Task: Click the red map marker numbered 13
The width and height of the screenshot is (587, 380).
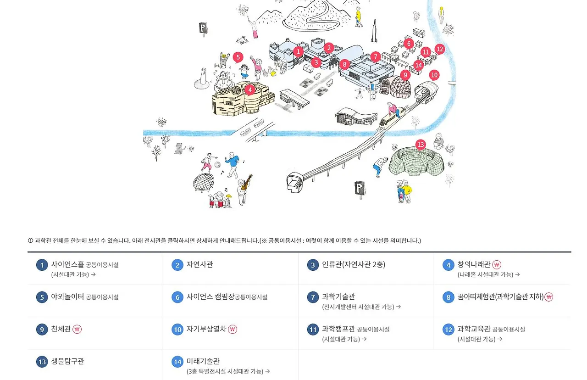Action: point(421,145)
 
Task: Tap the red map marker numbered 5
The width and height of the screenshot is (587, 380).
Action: point(238,57)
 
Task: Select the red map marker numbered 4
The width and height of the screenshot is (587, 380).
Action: point(249,90)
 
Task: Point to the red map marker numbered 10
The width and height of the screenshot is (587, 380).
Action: point(434,75)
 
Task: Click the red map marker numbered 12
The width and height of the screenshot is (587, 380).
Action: point(440,49)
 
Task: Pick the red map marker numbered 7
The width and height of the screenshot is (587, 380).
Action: point(376,57)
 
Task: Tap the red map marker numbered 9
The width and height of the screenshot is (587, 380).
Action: point(404,75)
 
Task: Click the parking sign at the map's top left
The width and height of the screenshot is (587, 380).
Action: point(203,28)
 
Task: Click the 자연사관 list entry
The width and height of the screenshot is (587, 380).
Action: point(199,265)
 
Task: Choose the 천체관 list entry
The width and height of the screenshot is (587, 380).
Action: point(61,329)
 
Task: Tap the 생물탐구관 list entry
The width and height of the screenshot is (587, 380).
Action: point(67,361)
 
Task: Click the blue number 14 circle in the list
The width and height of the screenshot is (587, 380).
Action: point(177,362)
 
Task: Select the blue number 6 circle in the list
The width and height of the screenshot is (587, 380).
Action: point(177,297)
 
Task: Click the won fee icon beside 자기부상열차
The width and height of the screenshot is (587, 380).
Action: point(233,329)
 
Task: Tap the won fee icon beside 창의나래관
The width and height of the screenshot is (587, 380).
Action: point(497,265)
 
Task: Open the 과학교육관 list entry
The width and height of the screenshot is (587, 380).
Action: point(474,329)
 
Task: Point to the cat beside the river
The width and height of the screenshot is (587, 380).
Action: point(178,148)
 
